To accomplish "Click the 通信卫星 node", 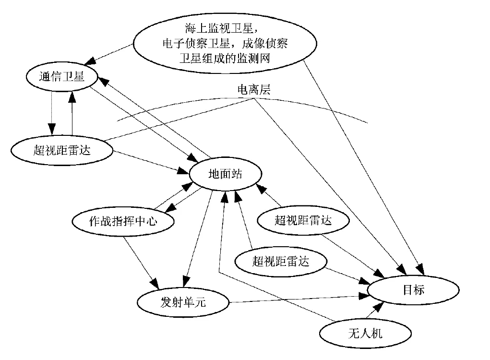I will click(x=61, y=76).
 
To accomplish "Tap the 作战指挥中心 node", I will click(x=123, y=221).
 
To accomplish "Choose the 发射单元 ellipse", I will click(x=184, y=302).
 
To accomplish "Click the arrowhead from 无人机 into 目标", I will click(x=380, y=307).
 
